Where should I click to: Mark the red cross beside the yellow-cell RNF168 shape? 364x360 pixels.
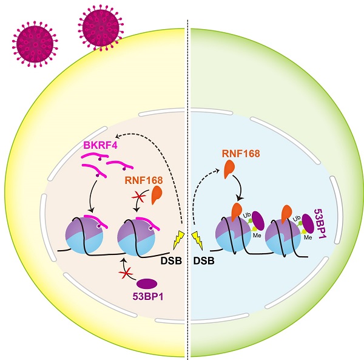pos(140,198)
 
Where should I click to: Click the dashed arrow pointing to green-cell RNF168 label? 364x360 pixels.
pos(200,194)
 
